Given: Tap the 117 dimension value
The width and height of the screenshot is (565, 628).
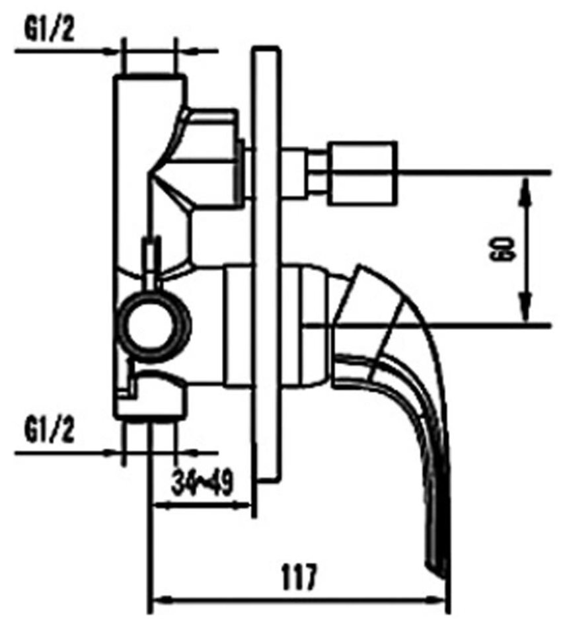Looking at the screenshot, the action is (299, 576).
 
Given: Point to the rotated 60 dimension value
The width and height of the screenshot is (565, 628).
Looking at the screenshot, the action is (501, 249).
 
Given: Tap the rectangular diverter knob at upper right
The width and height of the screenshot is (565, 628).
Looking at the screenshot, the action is (363, 173).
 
